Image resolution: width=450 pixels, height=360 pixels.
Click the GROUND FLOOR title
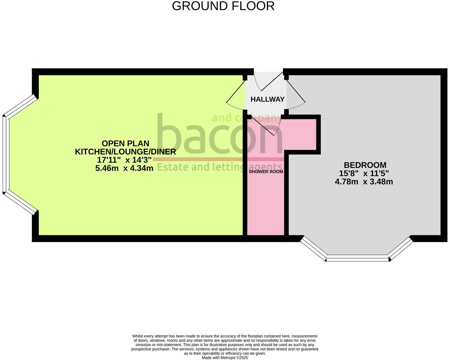pos(223,6)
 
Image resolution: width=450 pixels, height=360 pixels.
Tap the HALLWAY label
pos(267,99)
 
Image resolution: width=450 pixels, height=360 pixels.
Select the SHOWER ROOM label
pos(266,172)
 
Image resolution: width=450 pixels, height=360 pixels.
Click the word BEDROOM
pos(365,165)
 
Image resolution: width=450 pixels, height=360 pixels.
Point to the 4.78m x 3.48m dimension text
pos(364,182)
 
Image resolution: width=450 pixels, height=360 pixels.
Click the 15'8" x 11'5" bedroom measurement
pos(364,174)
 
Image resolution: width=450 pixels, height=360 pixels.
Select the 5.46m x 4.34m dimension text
pos(124,168)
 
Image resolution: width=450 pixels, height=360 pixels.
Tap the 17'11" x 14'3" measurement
pos(124,160)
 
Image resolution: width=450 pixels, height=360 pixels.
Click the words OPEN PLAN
pos(125,144)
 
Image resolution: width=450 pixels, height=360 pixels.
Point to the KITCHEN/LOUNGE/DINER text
pos(125,152)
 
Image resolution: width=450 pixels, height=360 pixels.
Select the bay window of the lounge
pos(5,154)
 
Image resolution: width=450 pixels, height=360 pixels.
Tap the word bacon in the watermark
pos(218,136)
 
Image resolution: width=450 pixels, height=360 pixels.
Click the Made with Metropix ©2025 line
pos(225,358)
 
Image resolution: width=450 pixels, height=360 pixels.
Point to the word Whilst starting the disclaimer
pos(138,336)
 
